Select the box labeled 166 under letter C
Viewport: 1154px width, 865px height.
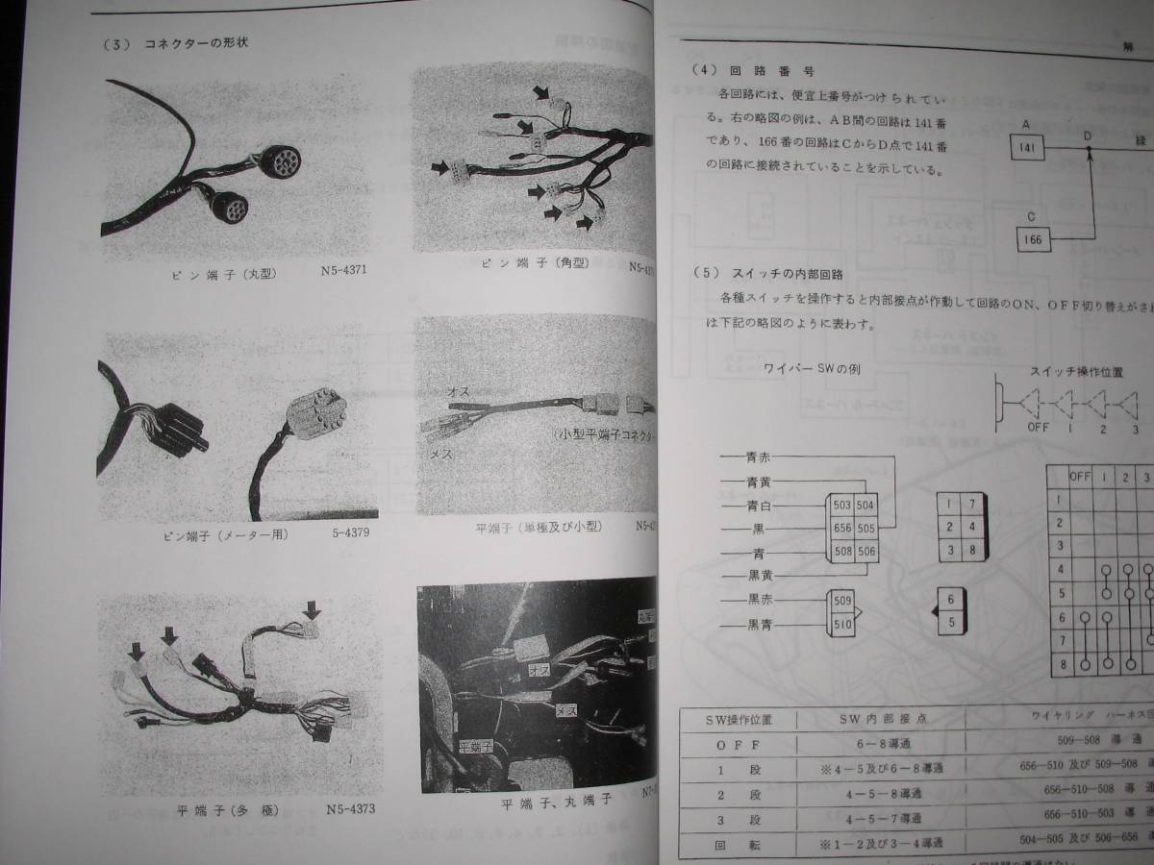click(1034, 236)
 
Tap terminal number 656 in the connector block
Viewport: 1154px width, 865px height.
click(841, 527)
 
